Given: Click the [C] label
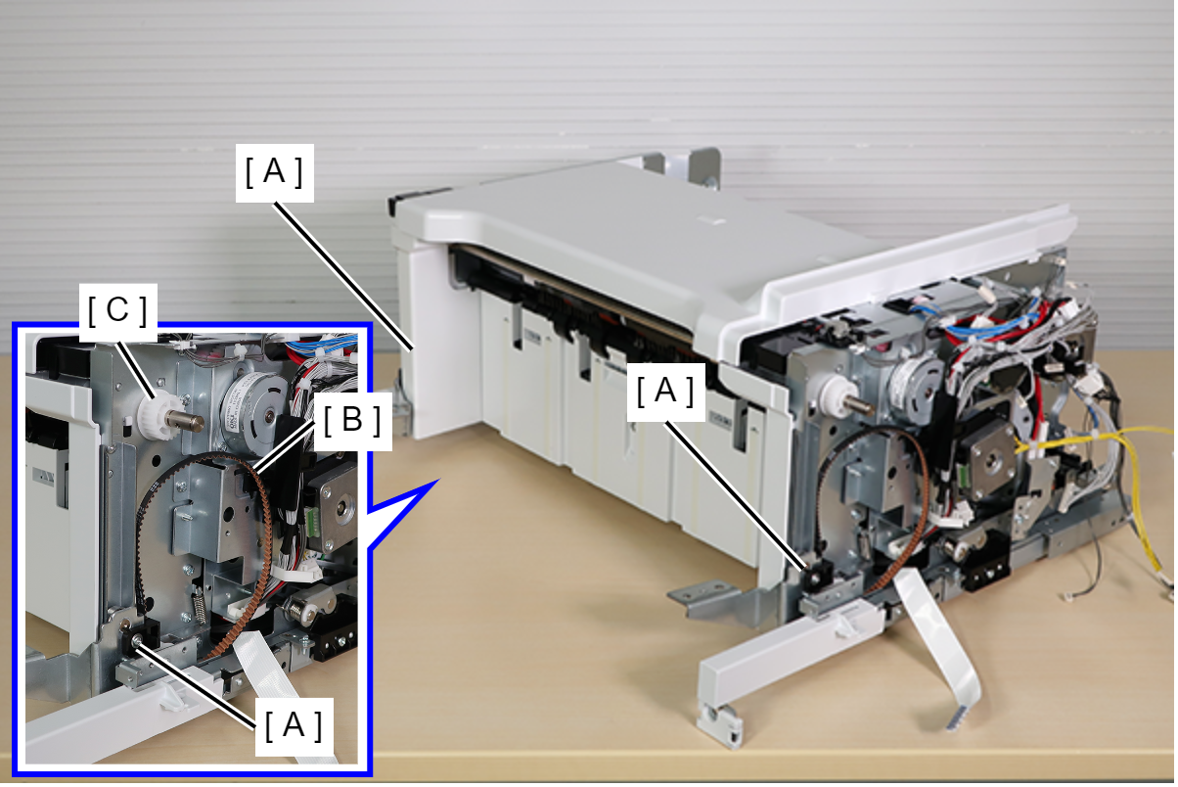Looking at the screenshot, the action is coord(117,311).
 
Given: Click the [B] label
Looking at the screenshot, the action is coord(353,421).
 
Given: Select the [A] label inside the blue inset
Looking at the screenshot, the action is coord(294,726).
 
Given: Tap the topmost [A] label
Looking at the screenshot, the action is coord(275,172).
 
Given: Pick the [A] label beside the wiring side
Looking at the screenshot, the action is coord(665,392).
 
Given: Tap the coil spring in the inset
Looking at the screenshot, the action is coord(200,605).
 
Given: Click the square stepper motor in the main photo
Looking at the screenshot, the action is coord(988,462).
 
